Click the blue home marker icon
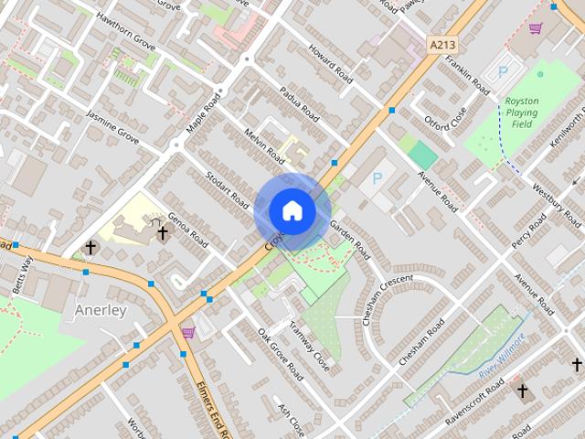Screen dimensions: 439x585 coord(292,211)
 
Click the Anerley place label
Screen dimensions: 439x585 coord(101,310)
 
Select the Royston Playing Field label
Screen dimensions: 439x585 coord(522,112)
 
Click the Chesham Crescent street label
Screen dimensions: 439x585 coord(388,300)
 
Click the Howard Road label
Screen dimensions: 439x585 coord(328,63)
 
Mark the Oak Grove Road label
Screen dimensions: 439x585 coord(280,354)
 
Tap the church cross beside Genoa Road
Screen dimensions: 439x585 coord(162,233)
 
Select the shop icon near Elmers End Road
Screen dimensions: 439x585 coord(188,332)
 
